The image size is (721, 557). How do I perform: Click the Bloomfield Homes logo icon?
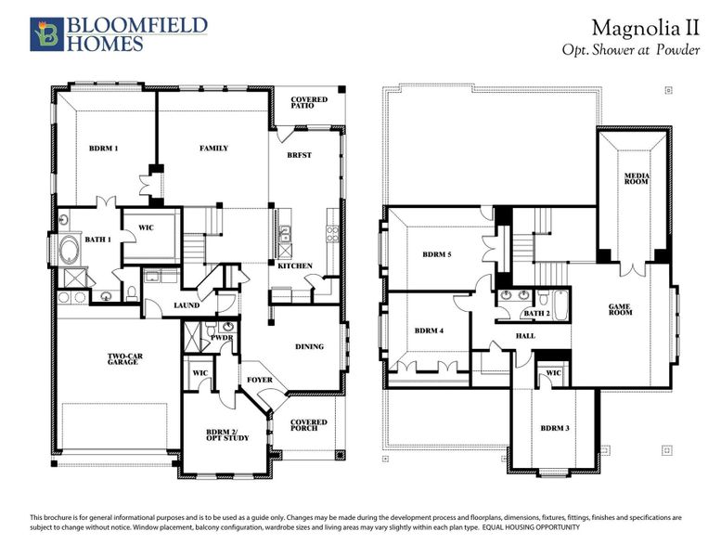[44, 32]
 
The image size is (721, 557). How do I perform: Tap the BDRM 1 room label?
[104, 149]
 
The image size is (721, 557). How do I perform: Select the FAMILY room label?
[214, 149]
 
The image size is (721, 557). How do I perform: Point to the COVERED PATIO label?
[308, 103]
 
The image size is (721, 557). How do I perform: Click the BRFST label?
[299, 155]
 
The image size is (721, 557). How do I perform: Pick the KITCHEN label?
[295, 266]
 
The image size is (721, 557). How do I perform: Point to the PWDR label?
[223, 339]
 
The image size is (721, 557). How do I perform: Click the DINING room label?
[309, 347]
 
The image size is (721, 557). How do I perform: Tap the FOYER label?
[259, 381]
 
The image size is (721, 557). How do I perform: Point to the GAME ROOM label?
[620, 309]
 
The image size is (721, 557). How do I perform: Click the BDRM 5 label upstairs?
[436, 254]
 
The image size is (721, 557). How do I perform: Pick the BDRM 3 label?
[555, 428]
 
